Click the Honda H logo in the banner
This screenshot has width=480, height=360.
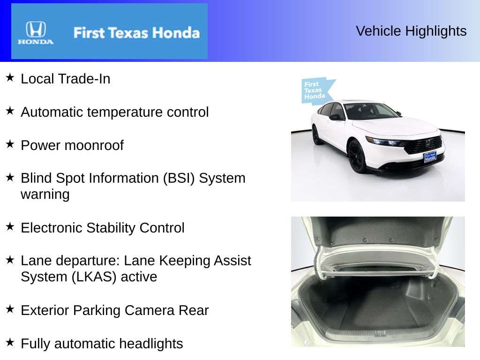coord(36,30)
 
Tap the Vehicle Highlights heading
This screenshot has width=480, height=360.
coord(411,31)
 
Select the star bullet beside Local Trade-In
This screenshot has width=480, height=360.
coord(10,78)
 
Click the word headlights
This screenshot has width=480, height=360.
coord(150,344)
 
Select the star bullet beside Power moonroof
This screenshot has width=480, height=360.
coord(10,144)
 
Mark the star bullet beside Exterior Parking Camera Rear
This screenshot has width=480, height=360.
coord(10,309)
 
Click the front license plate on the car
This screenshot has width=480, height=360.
coord(430,157)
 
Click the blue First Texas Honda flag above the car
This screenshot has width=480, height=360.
coord(316,90)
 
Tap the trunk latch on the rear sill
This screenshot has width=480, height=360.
coord(380,333)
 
